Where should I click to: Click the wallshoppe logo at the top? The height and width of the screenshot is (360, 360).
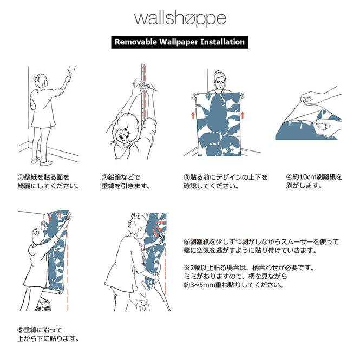[180, 19]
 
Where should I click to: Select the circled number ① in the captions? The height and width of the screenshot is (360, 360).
[21, 177]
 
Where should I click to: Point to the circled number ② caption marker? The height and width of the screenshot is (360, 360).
[104, 177]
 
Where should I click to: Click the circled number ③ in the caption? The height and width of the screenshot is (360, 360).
[186, 177]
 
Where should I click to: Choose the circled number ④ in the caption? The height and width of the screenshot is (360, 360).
[289, 177]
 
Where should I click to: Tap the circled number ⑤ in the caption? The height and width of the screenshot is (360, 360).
[21, 329]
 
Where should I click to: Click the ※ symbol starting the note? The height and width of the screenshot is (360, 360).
[187, 267]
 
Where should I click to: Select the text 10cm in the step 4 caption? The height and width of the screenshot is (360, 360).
[305, 177]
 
